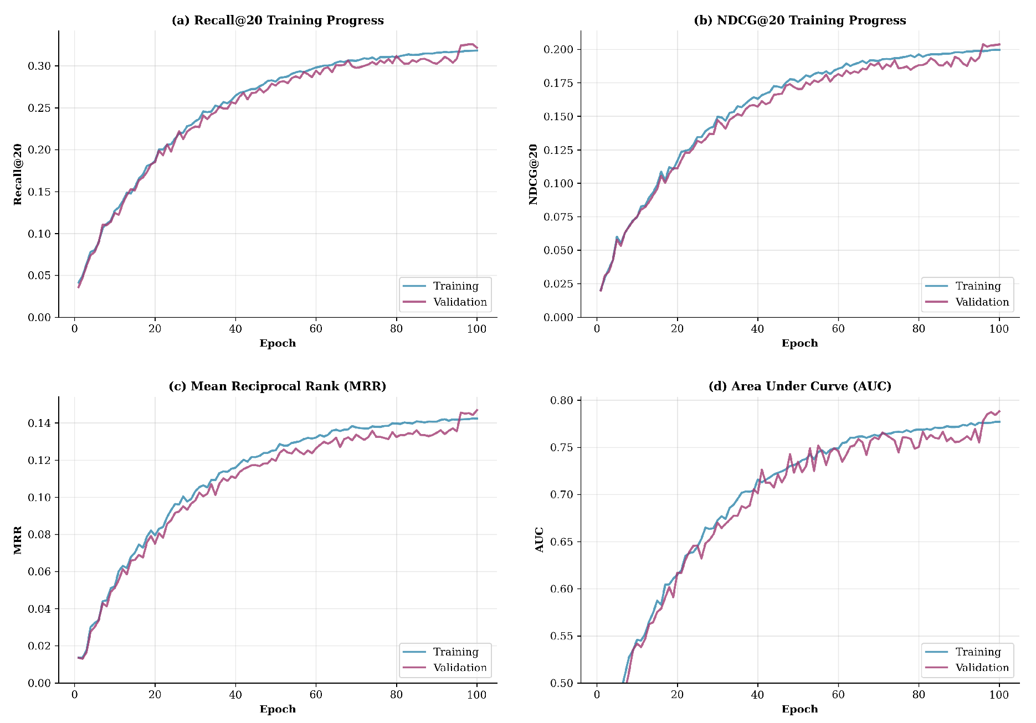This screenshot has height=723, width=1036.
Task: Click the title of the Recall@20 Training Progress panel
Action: [x=278, y=20]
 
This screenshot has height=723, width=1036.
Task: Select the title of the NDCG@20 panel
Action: [x=799, y=20]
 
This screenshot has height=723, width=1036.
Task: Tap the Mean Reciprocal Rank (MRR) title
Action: [x=278, y=386]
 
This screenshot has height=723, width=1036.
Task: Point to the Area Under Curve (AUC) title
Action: [x=799, y=386]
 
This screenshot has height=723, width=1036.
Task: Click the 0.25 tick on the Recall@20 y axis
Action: [x=39, y=108]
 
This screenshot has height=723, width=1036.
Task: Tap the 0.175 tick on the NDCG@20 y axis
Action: [x=558, y=83]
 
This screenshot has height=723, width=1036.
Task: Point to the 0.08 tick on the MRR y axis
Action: [x=39, y=535]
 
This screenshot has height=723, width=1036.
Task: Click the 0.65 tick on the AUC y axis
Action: [x=562, y=542]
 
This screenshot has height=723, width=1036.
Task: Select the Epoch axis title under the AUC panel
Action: [x=799, y=709]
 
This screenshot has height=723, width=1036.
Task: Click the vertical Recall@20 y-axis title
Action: [x=18, y=174]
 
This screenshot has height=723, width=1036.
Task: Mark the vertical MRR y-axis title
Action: [x=18, y=540]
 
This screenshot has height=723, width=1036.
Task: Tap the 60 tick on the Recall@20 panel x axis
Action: [x=316, y=329]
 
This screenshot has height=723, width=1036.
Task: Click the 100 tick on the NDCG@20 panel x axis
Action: [x=999, y=329]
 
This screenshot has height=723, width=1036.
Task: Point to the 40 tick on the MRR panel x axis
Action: [x=235, y=695]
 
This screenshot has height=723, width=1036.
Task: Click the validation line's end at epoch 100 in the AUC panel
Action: [x=999, y=411]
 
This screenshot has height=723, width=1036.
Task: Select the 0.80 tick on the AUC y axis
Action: [x=562, y=401]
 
